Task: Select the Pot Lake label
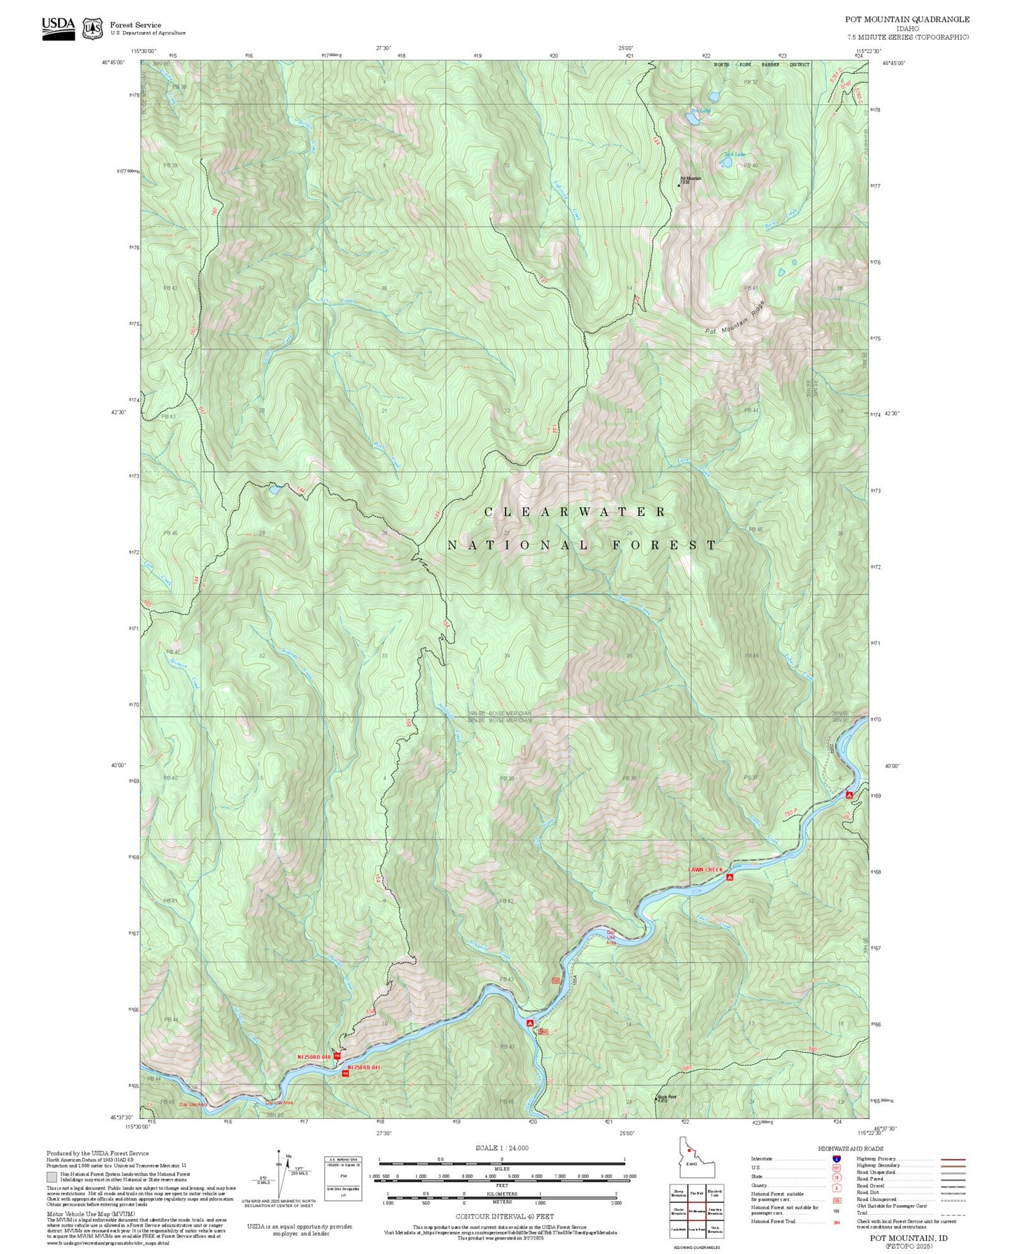point(700,110)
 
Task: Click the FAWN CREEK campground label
point(705,870)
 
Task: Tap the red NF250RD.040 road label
point(314,1057)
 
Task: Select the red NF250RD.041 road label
point(364,1067)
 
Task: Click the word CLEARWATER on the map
point(575,512)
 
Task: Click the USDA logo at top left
point(58,27)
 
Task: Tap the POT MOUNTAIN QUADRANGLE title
point(907,20)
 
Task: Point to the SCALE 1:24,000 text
point(501,1148)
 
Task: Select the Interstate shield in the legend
point(836,1158)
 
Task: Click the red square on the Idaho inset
point(689,1169)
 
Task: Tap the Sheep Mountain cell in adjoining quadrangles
point(678,1192)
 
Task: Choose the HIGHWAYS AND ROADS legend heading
point(851,1148)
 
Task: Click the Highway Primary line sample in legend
point(953,1159)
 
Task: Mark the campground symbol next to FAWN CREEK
point(730,877)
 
